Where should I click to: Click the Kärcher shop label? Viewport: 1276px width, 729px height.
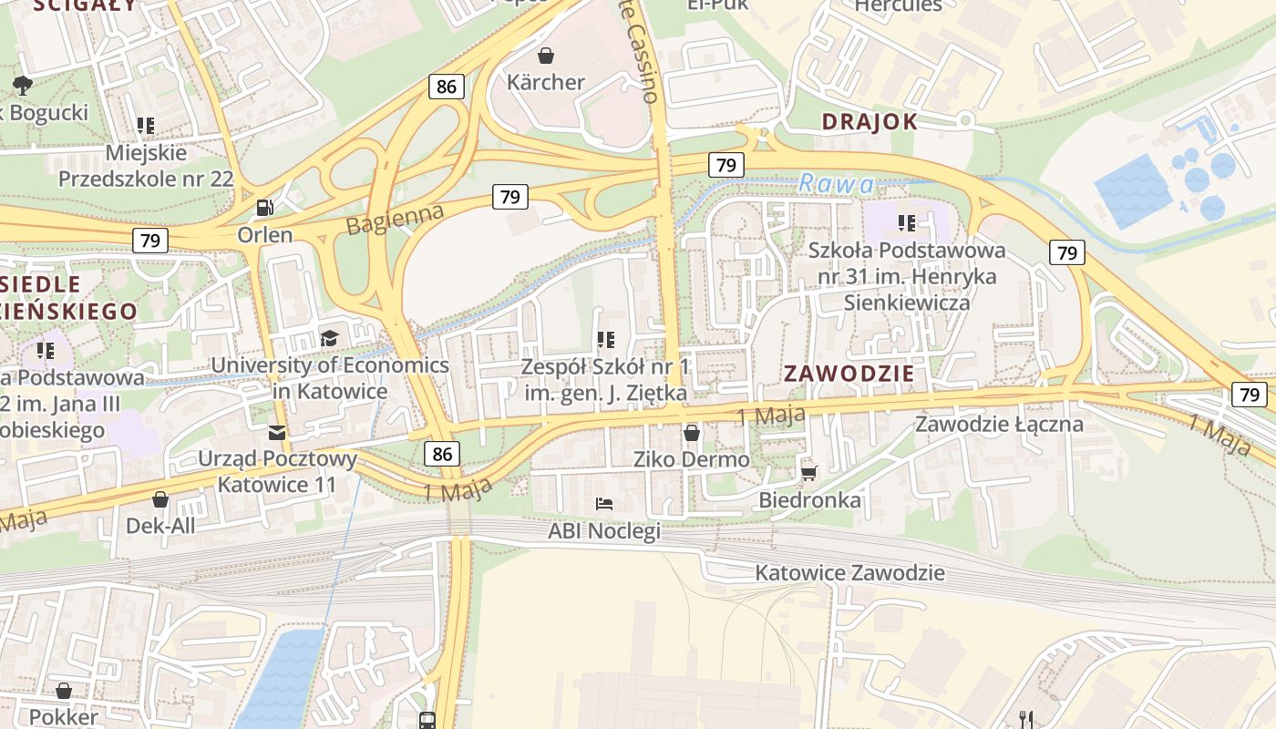[546, 82]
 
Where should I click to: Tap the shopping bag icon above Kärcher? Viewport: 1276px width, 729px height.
[546, 56]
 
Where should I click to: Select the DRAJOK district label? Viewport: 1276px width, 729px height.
[869, 122]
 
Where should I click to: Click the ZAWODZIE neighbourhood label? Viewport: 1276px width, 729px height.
[849, 374]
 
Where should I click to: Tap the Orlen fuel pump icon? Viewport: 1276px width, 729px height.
[264, 208]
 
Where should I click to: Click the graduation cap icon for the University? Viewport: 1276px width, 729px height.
[329, 339]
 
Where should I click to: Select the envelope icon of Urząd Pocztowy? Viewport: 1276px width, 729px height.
[276, 433]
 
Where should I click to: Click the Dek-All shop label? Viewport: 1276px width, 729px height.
[160, 526]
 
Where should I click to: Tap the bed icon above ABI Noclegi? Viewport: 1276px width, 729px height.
[603, 503]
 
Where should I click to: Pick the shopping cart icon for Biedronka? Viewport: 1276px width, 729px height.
[808, 472]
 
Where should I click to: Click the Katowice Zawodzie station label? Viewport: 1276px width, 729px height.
[849, 573]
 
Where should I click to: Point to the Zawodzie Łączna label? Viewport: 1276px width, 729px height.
[999, 424]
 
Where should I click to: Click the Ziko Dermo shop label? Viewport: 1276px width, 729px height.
[692, 459]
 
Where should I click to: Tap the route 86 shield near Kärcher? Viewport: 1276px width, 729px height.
[447, 87]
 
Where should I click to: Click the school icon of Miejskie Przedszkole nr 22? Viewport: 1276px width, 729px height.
[146, 125]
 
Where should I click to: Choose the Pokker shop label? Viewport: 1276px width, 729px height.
[63, 717]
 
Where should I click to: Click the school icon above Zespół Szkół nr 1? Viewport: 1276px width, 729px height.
[605, 340]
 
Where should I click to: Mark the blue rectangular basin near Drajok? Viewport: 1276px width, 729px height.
[1133, 190]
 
